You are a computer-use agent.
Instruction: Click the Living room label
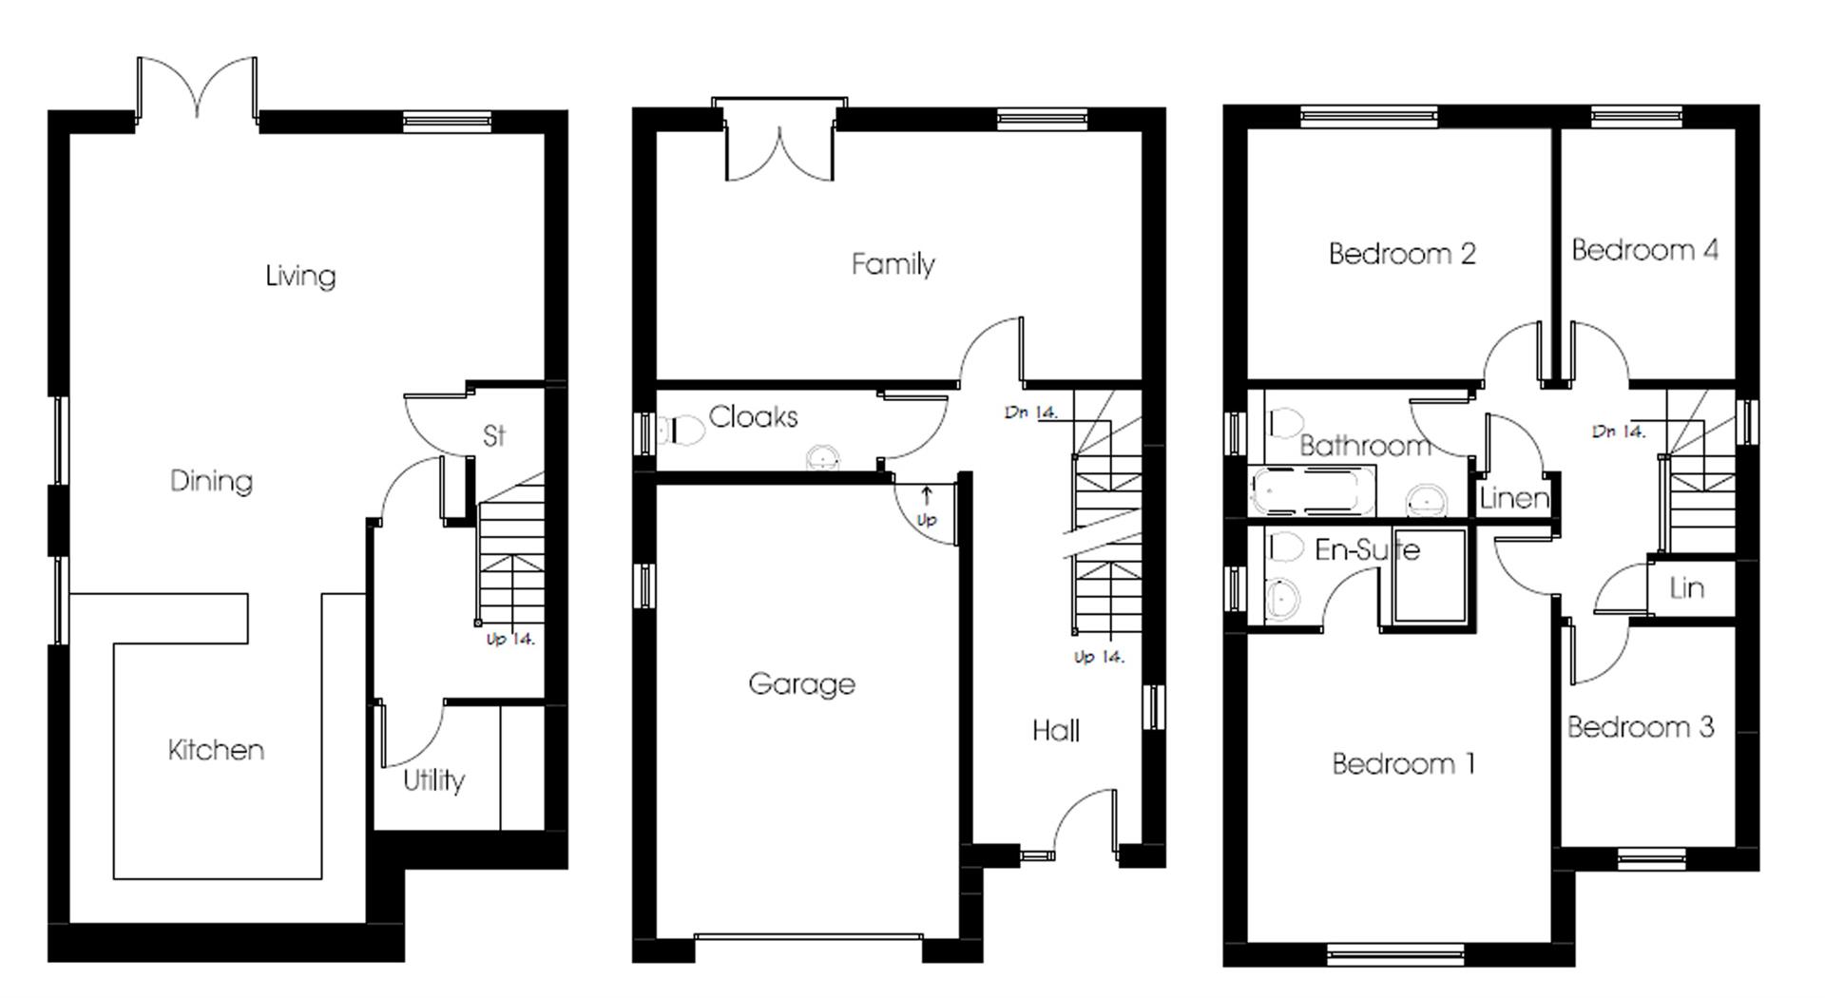point(300,276)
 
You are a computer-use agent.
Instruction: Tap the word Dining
point(211,480)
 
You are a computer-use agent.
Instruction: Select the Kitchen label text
point(216,750)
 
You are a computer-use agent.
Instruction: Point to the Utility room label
point(433,780)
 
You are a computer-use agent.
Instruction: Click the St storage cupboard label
point(493,435)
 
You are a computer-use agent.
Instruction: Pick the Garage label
point(801,683)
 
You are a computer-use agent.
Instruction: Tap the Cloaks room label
point(753,416)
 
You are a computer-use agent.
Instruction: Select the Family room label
point(893,263)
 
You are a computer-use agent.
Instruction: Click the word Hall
point(1055,730)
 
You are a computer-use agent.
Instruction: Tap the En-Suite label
point(1367,549)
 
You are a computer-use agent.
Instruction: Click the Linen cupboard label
point(1513,497)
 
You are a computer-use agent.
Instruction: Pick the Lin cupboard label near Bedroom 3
point(1686,588)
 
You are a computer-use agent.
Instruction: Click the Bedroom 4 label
point(1644,250)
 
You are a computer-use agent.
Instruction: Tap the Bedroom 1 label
point(1403,763)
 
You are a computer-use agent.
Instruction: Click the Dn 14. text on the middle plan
point(1030,413)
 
